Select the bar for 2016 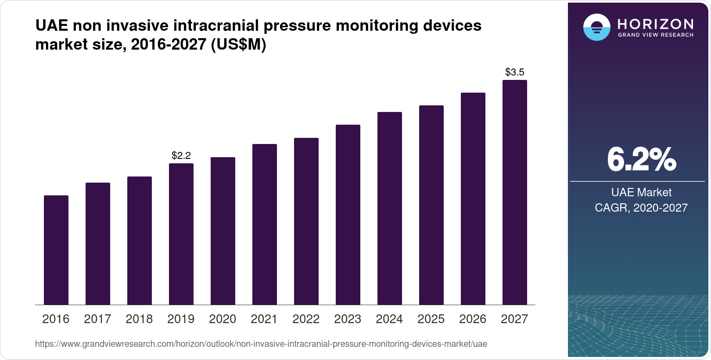pyautogui.click(x=56, y=250)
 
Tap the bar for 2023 pyautogui.click(x=348, y=215)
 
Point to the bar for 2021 pyautogui.click(x=265, y=224)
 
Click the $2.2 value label pyautogui.click(x=181, y=155)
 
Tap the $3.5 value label pyautogui.click(x=515, y=72)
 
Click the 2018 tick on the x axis pyautogui.click(x=139, y=319)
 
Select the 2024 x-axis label pyautogui.click(x=389, y=319)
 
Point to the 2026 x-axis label pyautogui.click(x=473, y=319)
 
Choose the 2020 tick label pyautogui.click(x=223, y=319)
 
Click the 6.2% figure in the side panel pyautogui.click(x=641, y=160)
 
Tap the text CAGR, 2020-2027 pyautogui.click(x=641, y=208)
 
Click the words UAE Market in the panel pyautogui.click(x=641, y=192)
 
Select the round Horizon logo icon pyautogui.click(x=596, y=27)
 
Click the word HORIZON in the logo pyautogui.click(x=655, y=24)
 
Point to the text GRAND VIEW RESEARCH pyautogui.click(x=655, y=35)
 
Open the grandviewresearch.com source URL pyautogui.click(x=261, y=344)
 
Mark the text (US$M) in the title pyautogui.click(x=239, y=45)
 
